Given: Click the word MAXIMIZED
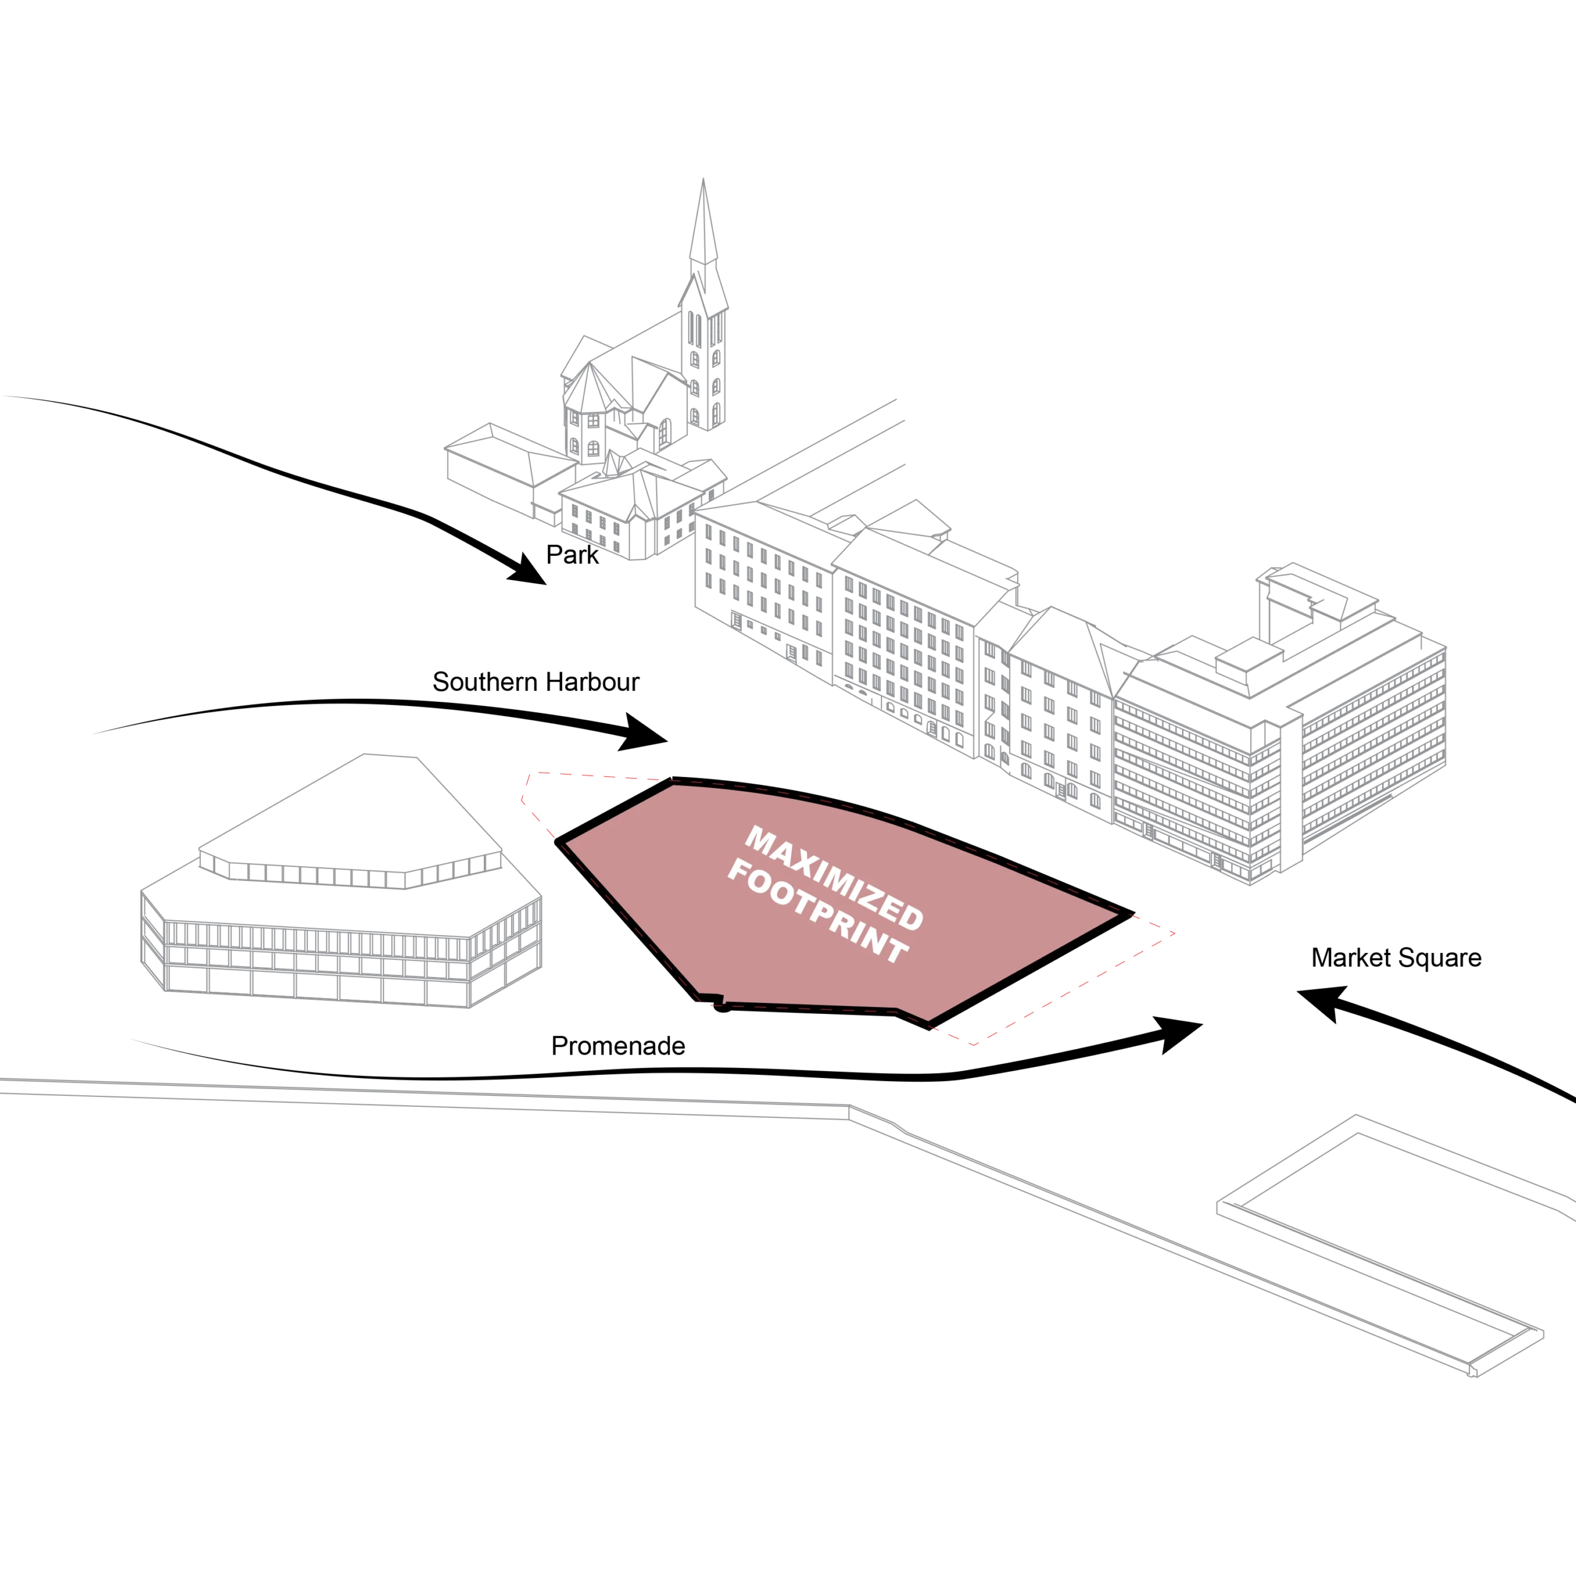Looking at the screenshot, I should coord(834,878).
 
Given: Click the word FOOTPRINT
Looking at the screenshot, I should coord(818,911).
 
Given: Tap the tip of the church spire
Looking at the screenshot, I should coord(704,180).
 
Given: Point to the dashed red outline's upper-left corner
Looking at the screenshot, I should coord(533,773).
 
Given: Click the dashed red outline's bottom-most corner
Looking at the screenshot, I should coord(971,1045).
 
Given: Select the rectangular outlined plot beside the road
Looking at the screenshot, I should coord(1378,1240).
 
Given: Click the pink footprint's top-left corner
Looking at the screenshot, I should coord(673,785).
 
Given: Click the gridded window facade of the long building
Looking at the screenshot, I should coord(906,645).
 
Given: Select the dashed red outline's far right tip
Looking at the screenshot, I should coord(1173,933).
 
